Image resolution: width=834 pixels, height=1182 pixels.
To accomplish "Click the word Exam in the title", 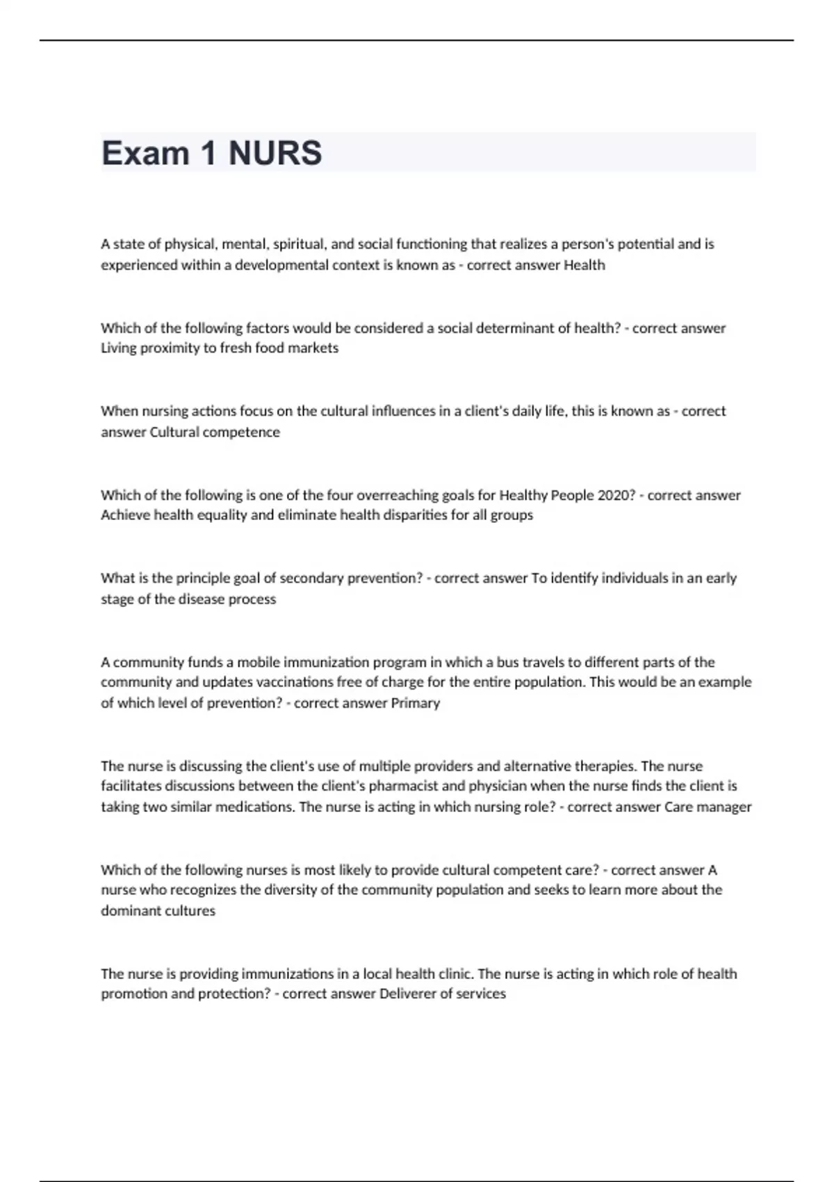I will point(145,153).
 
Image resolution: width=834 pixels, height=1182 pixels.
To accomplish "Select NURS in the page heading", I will point(275,153).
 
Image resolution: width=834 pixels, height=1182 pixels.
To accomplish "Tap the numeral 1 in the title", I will point(208,153).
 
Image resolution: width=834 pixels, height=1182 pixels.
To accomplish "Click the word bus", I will point(507,663).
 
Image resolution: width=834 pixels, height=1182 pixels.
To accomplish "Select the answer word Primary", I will point(416,703).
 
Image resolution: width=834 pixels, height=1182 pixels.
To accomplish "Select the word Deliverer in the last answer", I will point(407,994).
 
